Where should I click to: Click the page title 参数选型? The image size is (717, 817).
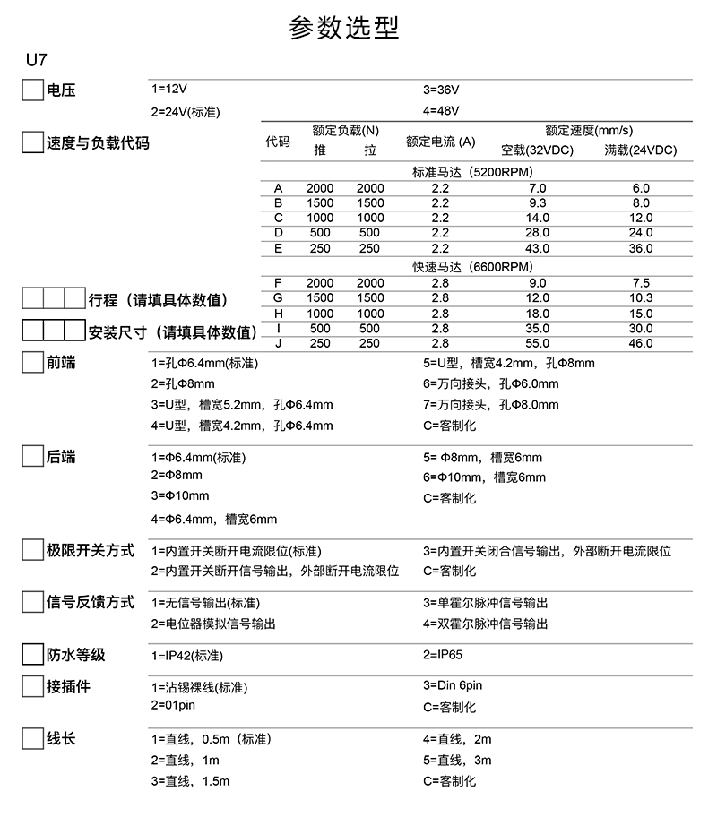343,28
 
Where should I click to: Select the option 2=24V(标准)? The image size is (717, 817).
186,111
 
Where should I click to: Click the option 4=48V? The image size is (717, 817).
441,111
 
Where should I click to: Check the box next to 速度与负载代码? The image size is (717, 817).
32,142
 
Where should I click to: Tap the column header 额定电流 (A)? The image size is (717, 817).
440,142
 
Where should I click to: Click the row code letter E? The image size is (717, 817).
279,248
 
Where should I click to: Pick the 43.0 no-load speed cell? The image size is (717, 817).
538,248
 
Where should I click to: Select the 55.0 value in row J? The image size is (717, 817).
538,343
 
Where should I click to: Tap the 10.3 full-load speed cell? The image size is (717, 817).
641,297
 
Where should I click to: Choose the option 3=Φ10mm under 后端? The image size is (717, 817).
180,495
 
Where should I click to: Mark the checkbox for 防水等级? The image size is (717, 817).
32,654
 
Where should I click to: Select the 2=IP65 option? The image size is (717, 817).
443,655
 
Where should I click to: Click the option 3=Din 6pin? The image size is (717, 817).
453,685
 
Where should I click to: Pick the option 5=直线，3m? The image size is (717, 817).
457,761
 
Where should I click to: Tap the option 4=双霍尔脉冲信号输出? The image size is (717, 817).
485,623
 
